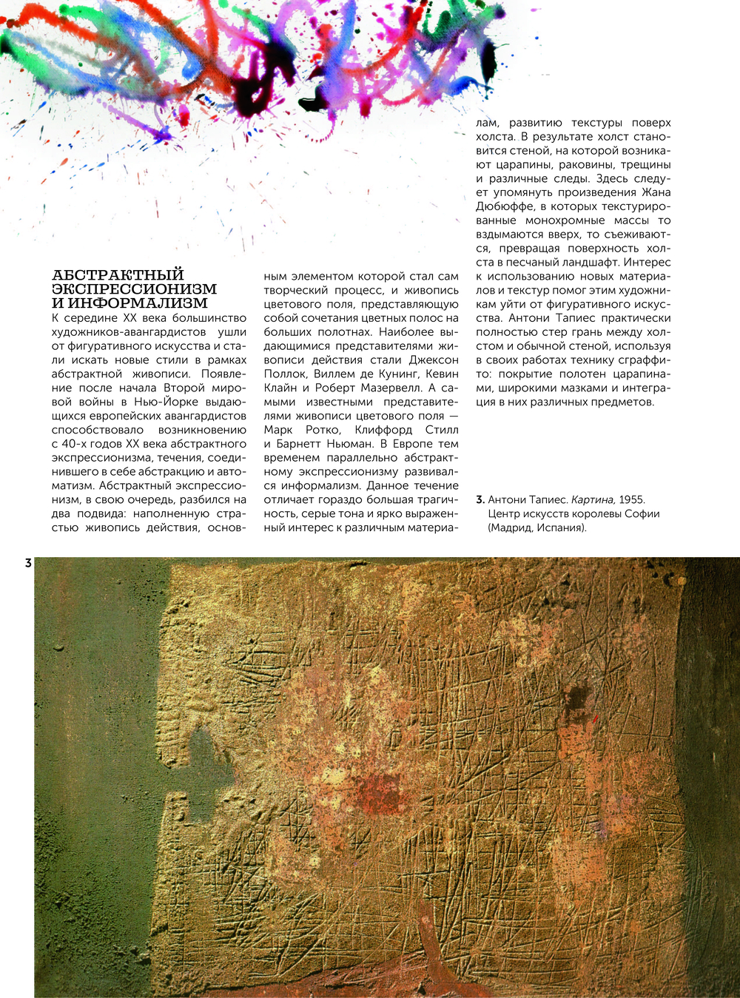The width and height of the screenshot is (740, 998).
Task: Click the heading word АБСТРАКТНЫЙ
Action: (x=118, y=275)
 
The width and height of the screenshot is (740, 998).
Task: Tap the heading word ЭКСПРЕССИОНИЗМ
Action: (x=134, y=289)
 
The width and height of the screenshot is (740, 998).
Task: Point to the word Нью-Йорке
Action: (x=164, y=402)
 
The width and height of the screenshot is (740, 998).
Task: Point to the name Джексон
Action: (x=434, y=360)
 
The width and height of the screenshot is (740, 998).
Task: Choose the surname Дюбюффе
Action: (x=507, y=206)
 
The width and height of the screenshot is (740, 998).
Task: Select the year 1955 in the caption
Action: (x=630, y=500)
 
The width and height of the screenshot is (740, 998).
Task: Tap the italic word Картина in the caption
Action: (x=593, y=500)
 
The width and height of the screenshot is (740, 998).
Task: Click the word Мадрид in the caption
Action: (x=513, y=527)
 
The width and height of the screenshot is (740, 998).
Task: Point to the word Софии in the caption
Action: (x=642, y=513)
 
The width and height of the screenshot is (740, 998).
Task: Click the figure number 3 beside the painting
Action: (x=28, y=563)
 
